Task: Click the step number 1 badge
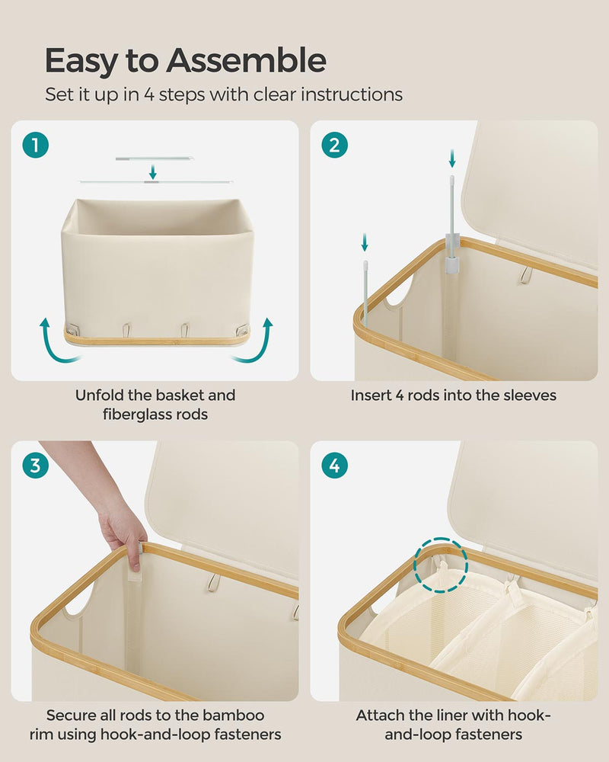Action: coord(35,145)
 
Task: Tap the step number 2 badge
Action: coord(335,145)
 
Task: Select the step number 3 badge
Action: coord(35,466)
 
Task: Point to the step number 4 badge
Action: coord(335,466)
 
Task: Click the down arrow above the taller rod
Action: coord(452,158)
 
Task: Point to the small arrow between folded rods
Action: coord(153,170)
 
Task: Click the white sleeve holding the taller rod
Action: coord(453,255)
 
